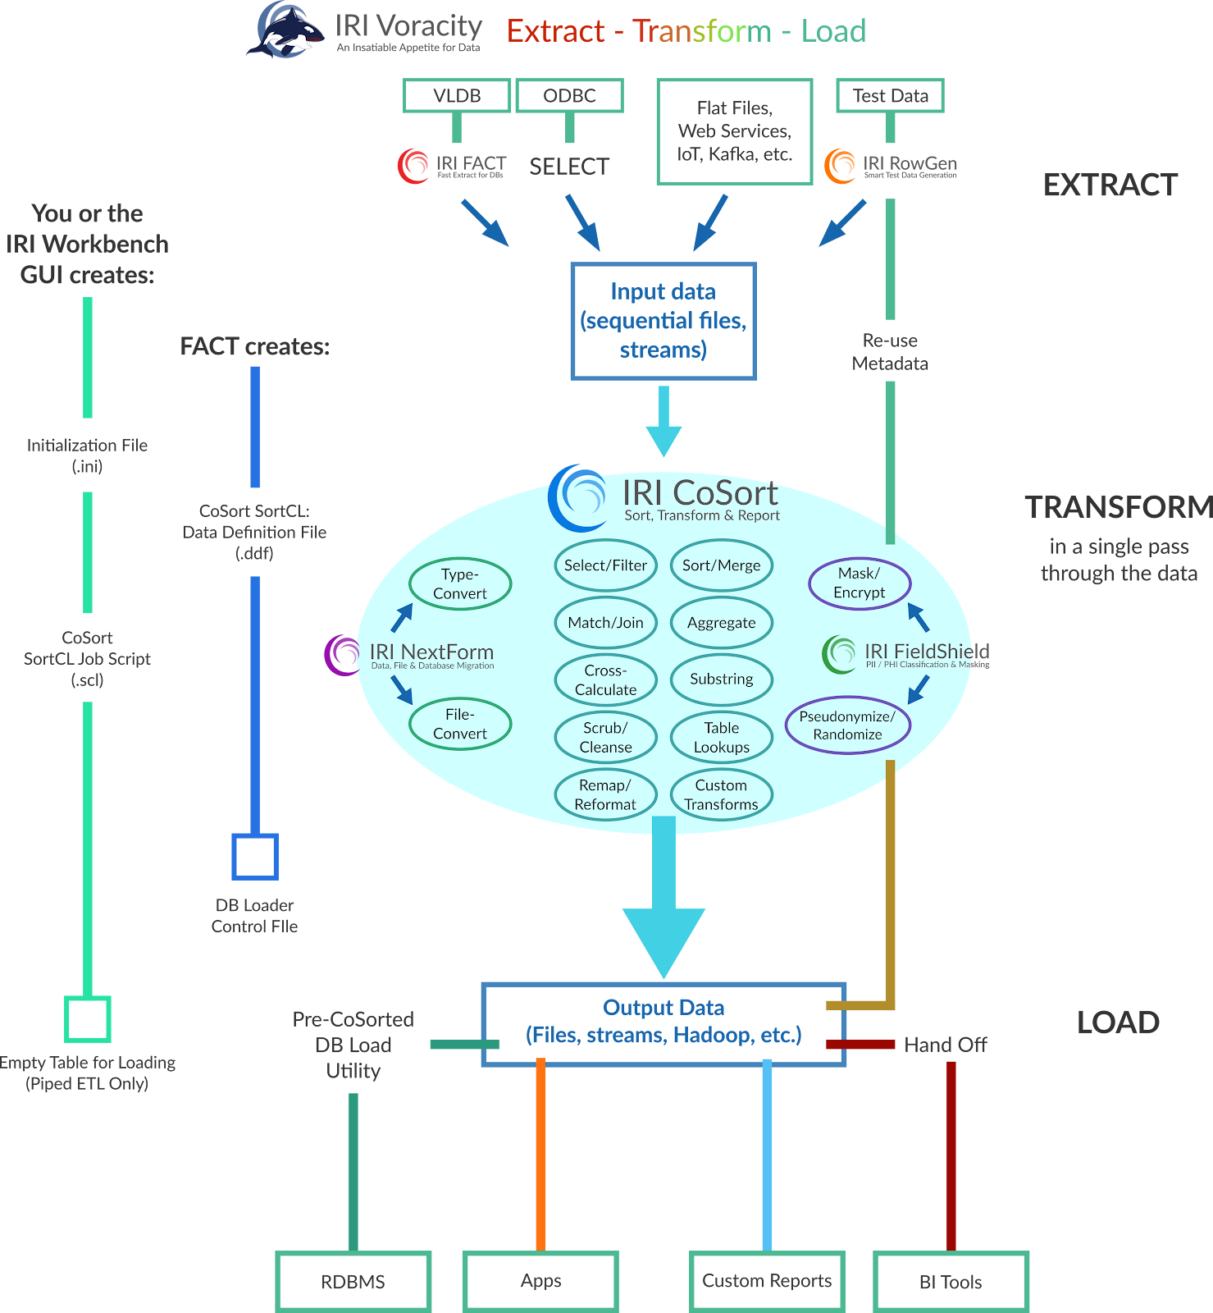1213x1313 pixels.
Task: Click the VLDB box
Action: [457, 96]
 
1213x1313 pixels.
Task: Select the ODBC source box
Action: [569, 96]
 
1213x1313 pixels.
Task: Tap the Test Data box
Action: [890, 96]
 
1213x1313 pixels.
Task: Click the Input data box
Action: [663, 321]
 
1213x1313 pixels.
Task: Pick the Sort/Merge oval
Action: [721, 565]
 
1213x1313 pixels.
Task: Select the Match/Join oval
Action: [605, 623]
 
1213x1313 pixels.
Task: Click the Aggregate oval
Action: [721, 623]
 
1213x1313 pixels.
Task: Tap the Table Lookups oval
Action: [721, 737]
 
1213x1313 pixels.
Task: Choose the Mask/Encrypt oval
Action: [859, 583]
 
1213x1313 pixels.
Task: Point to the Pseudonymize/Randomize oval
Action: [847, 725]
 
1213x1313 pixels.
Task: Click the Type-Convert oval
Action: [459, 583]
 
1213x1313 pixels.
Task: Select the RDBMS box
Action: [353, 1281]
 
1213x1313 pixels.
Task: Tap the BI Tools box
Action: [950, 1281]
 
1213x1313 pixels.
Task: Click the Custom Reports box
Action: [766, 1280]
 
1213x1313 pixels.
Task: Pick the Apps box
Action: [540, 1280]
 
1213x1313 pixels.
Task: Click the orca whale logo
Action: [287, 31]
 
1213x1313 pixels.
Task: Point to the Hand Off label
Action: [945, 1045]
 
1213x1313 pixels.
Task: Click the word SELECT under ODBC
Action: [569, 167]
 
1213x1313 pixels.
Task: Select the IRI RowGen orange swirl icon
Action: [840, 166]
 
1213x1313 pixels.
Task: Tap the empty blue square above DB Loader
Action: [254, 857]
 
